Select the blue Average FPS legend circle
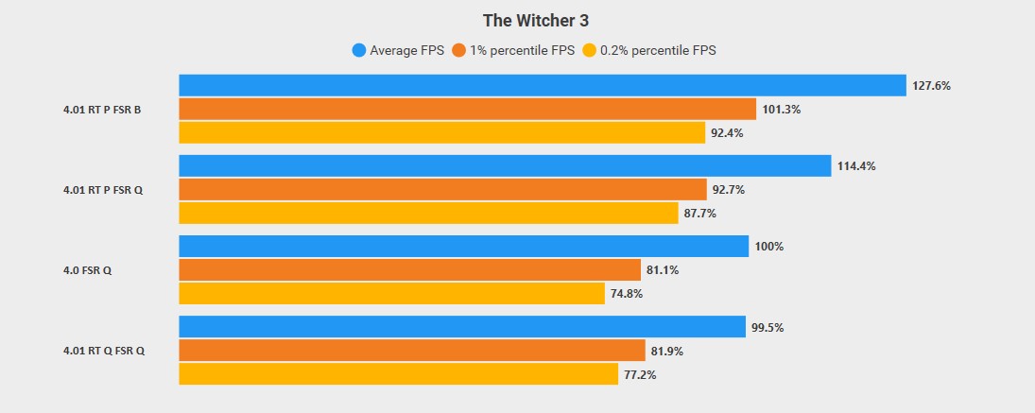(x=358, y=50)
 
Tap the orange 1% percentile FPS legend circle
(x=460, y=50)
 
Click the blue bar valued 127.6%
(x=543, y=85)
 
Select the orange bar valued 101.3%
(x=467, y=109)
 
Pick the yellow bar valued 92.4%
(x=441, y=133)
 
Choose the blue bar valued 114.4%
(x=505, y=166)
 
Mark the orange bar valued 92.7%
(x=442, y=190)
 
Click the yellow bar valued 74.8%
(x=391, y=294)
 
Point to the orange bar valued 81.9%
(x=411, y=352)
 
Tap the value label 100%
(x=769, y=247)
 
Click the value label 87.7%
(x=699, y=214)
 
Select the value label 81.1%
(x=663, y=270)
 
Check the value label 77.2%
(x=640, y=375)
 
